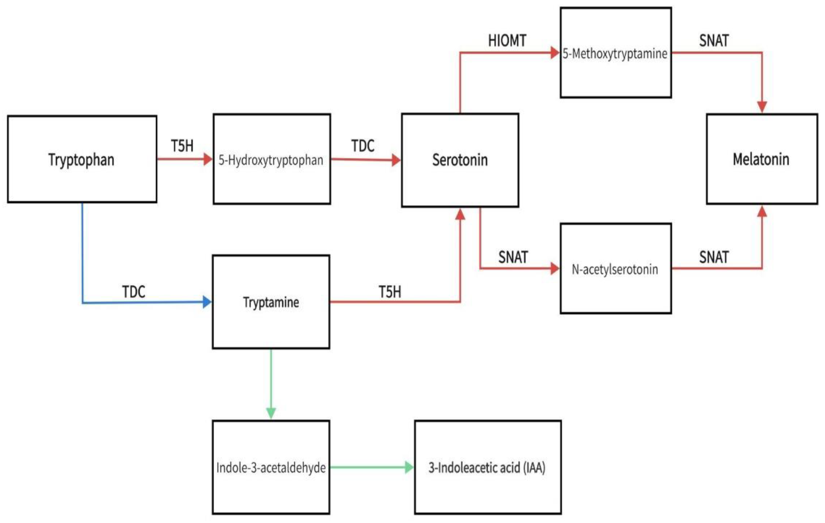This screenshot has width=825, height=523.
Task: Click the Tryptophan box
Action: click(82, 159)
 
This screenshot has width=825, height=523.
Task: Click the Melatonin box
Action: click(762, 159)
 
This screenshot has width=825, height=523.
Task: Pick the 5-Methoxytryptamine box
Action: click(615, 53)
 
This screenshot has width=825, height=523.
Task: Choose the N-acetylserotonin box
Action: click(615, 269)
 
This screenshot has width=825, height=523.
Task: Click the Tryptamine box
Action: click(271, 302)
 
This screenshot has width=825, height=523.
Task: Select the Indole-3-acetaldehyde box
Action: click(271, 467)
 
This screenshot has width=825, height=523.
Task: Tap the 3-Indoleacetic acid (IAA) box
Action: click(487, 467)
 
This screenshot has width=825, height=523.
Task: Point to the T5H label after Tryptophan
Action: click(182, 146)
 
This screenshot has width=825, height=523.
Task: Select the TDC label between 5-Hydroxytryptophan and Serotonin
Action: click(362, 146)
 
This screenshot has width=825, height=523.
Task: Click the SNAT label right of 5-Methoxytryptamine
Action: click(714, 41)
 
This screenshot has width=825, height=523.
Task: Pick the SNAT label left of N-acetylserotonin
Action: click(513, 257)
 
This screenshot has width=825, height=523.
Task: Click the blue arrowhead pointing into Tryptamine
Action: click(207, 302)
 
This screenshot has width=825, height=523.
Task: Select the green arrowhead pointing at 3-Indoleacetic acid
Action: click(409, 467)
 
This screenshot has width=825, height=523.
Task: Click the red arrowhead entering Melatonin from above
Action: click(762, 107)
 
